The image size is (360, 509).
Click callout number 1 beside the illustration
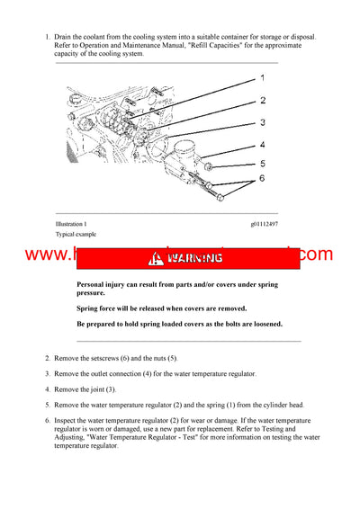(262, 78)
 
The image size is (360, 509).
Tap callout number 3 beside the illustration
(263, 121)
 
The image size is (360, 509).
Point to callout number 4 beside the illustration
(263, 144)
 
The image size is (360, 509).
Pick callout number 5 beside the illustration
(263, 164)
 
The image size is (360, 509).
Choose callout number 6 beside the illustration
(263, 181)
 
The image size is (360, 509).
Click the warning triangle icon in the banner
(158, 258)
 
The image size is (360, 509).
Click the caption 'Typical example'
(76, 234)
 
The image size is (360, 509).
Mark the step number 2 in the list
(48, 358)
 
